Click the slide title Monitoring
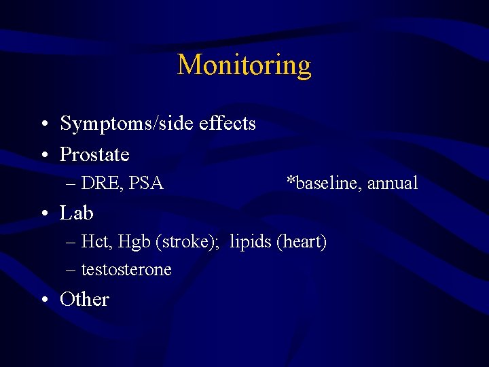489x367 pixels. coord(244,65)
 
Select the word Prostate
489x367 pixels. coord(94,155)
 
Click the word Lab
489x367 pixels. coord(76,213)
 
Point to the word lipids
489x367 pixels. coord(251,242)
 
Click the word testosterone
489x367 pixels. coord(126,270)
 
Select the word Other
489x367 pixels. coord(84,299)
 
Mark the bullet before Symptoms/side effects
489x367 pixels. coord(43,125)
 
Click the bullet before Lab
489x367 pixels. coord(43,215)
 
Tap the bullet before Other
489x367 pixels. coord(43,300)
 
